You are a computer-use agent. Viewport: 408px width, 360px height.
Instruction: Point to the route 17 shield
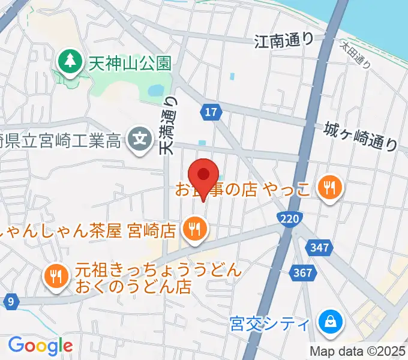tap(211, 112)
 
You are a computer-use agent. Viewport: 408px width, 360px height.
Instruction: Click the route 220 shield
tap(290, 220)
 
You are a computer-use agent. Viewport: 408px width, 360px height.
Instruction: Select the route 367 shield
tap(304, 273)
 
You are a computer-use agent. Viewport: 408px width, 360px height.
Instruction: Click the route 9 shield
tap(10, 302)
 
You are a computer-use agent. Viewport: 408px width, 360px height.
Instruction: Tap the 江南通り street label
tap(284, 41)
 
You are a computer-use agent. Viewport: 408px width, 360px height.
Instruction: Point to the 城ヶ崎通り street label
tap(361, 136)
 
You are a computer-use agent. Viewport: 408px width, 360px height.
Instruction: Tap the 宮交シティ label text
tap(270, 324)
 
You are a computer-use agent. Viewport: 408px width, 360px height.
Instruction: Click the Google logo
tap(40, 346)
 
